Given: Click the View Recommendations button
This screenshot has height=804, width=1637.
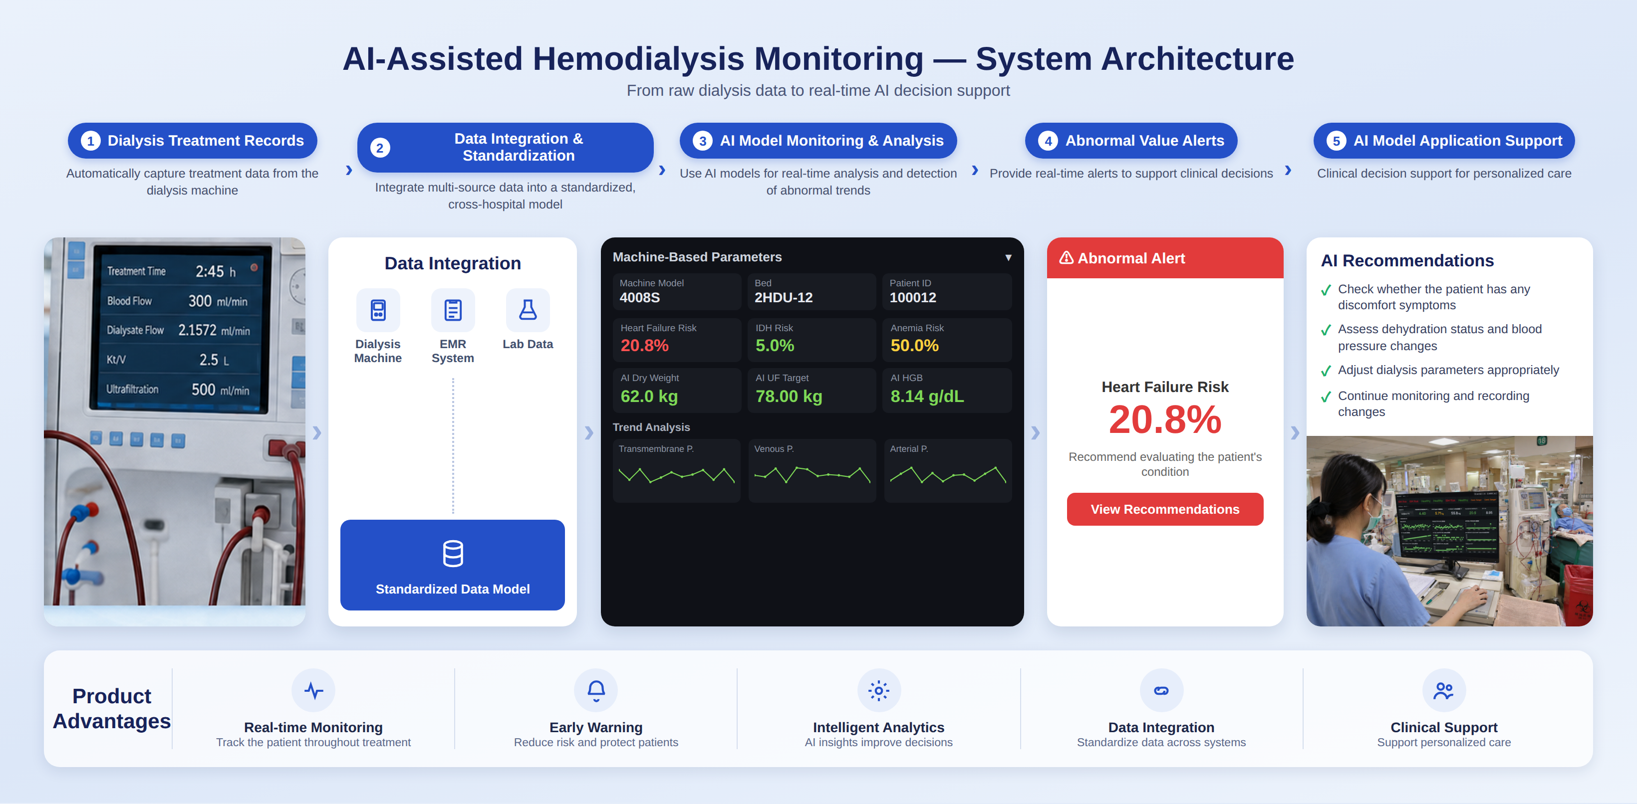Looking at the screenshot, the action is point(1165,509).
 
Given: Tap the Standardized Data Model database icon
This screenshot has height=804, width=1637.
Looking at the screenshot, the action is point(453,553).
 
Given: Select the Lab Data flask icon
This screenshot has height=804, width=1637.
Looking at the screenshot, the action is point(528,310).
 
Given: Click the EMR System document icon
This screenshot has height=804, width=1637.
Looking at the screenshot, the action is point(453,310).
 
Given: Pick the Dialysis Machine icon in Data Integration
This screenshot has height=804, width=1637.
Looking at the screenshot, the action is point(378,310).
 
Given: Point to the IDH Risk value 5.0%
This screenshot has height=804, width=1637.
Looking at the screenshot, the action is point(775,346).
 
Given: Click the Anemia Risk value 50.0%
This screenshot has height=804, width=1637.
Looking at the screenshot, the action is point(914,346).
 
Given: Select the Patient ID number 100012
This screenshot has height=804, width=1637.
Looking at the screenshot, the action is point(912,297).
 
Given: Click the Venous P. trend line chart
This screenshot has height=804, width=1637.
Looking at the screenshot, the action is point(812,474).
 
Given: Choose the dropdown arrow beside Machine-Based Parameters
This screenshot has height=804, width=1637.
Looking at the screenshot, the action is point(1008,257).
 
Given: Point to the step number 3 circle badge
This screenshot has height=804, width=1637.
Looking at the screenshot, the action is point(702,141).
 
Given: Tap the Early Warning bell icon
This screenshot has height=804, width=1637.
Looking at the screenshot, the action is point(596,690).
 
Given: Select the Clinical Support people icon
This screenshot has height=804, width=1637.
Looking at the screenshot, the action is point(1443,690).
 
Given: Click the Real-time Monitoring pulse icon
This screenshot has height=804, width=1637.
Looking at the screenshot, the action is point(314,690).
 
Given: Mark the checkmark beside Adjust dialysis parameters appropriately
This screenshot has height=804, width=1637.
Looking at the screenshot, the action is point(1326,371).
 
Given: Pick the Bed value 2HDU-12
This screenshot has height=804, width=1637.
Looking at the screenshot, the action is point(784,297).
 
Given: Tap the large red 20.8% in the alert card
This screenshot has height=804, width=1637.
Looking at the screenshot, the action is point(1165,420).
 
